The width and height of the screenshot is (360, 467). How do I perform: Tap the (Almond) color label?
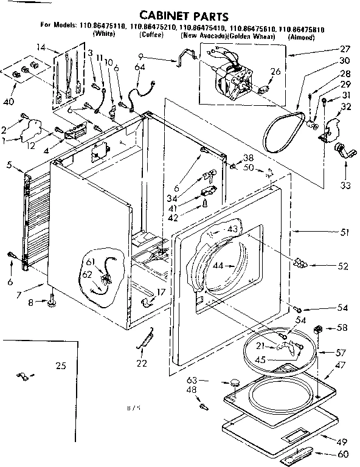point(300,37)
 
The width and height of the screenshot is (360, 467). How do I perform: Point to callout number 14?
point(41,47)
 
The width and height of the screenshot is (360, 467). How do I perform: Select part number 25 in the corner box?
point(60,365)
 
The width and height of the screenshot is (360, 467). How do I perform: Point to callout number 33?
point(345,185)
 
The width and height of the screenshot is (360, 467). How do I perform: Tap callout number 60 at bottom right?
point(343,454)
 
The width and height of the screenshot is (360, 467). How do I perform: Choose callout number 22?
point(141,364)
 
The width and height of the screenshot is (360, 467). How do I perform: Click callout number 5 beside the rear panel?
point(9,164)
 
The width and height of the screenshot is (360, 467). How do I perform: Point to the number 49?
point(342,441)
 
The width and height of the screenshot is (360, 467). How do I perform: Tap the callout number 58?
point(342,328)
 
